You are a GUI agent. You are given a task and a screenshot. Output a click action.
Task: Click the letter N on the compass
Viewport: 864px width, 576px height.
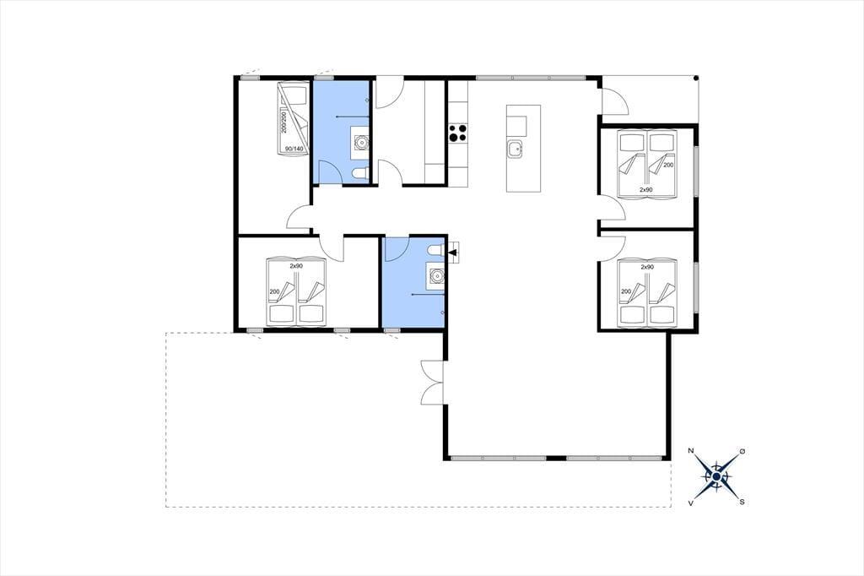pyautogui.click(x=691, y=451)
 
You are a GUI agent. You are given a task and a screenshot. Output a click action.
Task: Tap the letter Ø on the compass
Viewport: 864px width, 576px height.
pyautogui.click(x=742, y=451)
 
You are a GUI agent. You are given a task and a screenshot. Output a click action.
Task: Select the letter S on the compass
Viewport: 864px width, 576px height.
pyautogui.click(x=742, y=502)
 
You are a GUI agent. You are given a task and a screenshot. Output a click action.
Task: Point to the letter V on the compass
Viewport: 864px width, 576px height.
pyautogui.click(x=690, y=503)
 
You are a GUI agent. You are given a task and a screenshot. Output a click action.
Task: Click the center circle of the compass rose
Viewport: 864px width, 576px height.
pyautogui.click(x=716, y=476)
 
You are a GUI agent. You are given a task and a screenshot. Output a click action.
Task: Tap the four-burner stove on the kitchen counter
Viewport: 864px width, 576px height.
pyautogui.click(x=458, y=133)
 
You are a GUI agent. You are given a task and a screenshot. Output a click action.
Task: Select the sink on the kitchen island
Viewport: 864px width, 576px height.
pyautogui.click(x=516, y=149)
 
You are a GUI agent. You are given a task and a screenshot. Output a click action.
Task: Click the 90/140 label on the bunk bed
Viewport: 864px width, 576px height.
pyautogui.click(x=294, y=149)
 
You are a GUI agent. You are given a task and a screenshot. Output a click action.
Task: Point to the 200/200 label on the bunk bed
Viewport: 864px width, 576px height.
pyautogui.click(x=284, y=121)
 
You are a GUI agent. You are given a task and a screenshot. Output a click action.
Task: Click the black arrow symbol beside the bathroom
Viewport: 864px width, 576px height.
pyautogui.click(x=453, y=253)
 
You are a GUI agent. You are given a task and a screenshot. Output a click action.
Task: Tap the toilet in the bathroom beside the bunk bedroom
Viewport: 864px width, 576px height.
pyautogui.click(x=360, y=174)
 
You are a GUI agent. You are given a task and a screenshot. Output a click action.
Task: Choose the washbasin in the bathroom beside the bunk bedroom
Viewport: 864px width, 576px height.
pyautogui.click(x=361, y=143)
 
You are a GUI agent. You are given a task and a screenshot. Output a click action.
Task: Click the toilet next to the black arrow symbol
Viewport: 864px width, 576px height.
pyautogui.click(x=436, y=251)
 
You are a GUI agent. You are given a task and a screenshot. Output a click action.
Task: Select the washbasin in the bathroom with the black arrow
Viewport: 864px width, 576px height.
pyautogui.click(x=436, y=275)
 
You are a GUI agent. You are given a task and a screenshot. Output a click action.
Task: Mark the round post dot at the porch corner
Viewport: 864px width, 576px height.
pyautogui.click(x=696, y=78)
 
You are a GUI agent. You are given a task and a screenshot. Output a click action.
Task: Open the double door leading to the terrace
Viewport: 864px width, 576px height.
pyautogui.click(x=433, y=383)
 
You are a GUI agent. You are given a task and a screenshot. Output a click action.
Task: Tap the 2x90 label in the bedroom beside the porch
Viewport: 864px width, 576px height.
pyautogui.click(x=645, y=189)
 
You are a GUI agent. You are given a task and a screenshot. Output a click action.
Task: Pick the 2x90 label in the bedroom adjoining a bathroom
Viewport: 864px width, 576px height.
pyautogui.click(x=296, y=266)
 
